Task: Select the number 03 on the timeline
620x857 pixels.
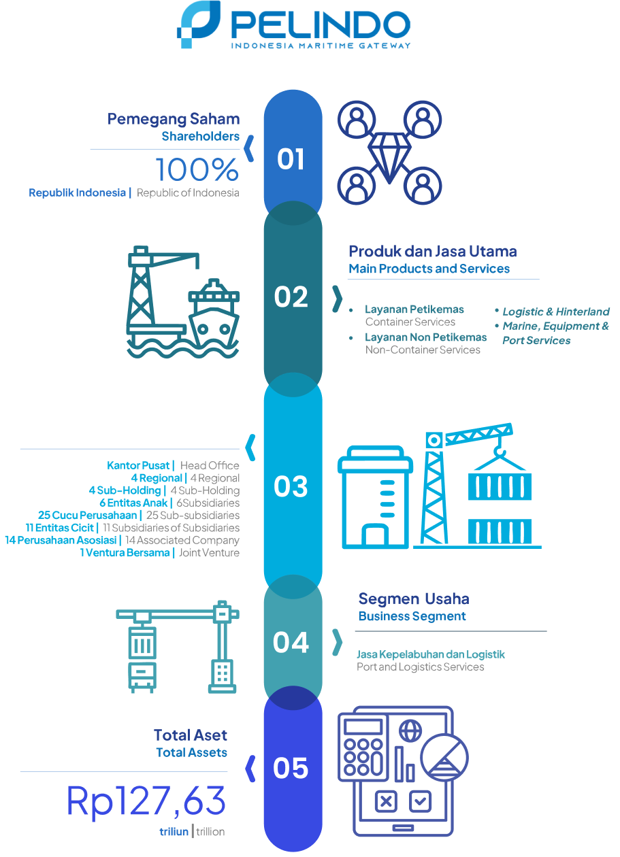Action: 291,486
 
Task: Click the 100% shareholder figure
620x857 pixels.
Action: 197,169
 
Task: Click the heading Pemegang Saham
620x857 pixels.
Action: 174,120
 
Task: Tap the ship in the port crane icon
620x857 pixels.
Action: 214,312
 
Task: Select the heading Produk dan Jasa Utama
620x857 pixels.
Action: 433,252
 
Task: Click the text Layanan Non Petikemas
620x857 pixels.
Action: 425,337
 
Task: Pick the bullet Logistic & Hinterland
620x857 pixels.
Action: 556,312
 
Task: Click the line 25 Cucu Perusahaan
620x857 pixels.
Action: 87,515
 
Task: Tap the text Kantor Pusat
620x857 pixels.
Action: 137,465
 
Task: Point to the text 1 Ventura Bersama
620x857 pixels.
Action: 125,552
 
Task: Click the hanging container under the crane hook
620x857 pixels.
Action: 500,486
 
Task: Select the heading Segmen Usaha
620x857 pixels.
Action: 414,599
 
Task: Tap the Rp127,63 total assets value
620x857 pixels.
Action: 146,801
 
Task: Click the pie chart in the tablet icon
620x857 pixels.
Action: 444,758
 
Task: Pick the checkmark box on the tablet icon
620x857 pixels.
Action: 420,801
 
